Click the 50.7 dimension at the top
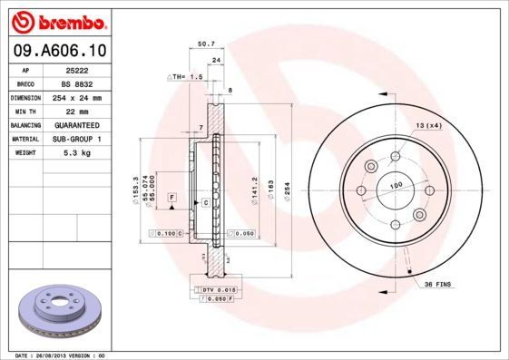[x=206, y=43]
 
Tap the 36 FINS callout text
[x=439, y=285]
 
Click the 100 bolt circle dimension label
[x=396, y=185]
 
